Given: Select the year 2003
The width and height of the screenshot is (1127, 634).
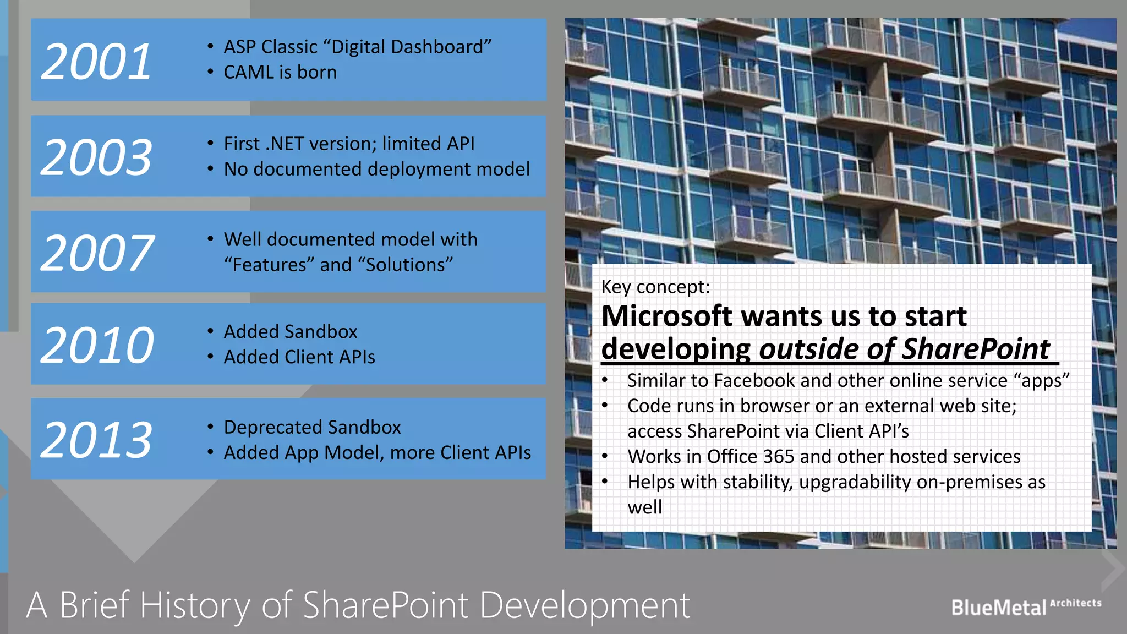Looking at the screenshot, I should click(96, 157).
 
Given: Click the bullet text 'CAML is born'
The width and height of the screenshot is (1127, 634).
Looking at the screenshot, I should click(280, 72).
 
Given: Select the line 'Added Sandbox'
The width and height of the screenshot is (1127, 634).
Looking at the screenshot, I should click(291, 331).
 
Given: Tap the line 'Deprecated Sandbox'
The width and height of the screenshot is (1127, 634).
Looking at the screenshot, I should click(312, 427).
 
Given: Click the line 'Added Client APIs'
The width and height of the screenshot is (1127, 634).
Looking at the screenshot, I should click(299, 357).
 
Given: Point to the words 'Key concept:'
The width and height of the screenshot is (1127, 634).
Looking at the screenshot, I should click(655, 287).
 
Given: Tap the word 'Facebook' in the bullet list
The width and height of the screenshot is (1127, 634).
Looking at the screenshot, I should click(754, 380).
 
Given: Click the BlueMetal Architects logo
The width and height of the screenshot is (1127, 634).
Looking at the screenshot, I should click(1026, 606).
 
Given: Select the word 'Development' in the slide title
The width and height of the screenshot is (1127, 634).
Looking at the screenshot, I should click(585, 605).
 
